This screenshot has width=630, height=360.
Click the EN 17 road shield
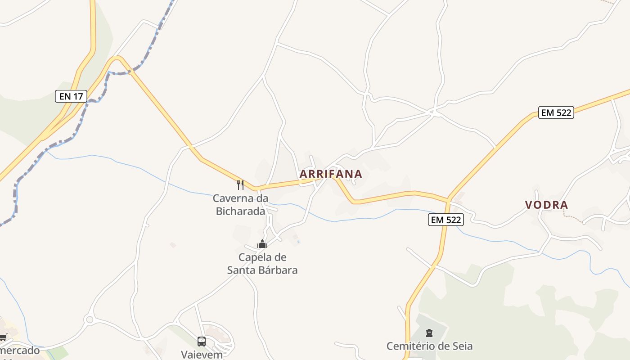(x=71, y=96)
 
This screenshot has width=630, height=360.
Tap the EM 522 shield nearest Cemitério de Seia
(x=445, y=219)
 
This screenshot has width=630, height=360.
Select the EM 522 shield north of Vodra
(x=556, y=112)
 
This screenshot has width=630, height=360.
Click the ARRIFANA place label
(x=331, y=174)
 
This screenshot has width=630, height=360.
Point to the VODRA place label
(x=546, y=205)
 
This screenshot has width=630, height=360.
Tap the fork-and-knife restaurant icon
(x=240, y=184)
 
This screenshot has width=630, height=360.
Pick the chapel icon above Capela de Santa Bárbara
(x=262, y=244)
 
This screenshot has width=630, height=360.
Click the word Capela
(x=256, y=257)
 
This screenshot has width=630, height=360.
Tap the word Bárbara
(x=276, y=270)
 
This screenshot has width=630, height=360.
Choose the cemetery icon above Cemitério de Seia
(x=429, y=333)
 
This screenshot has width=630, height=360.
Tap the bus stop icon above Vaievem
(x=201, y=341)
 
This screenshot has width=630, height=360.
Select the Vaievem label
(x=202, y=354)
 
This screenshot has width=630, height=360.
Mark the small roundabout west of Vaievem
(x=89, y=319)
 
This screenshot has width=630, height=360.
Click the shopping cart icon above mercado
(x=3, y=337)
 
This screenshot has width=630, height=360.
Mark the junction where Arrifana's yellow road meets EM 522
(x=448, y=199)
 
